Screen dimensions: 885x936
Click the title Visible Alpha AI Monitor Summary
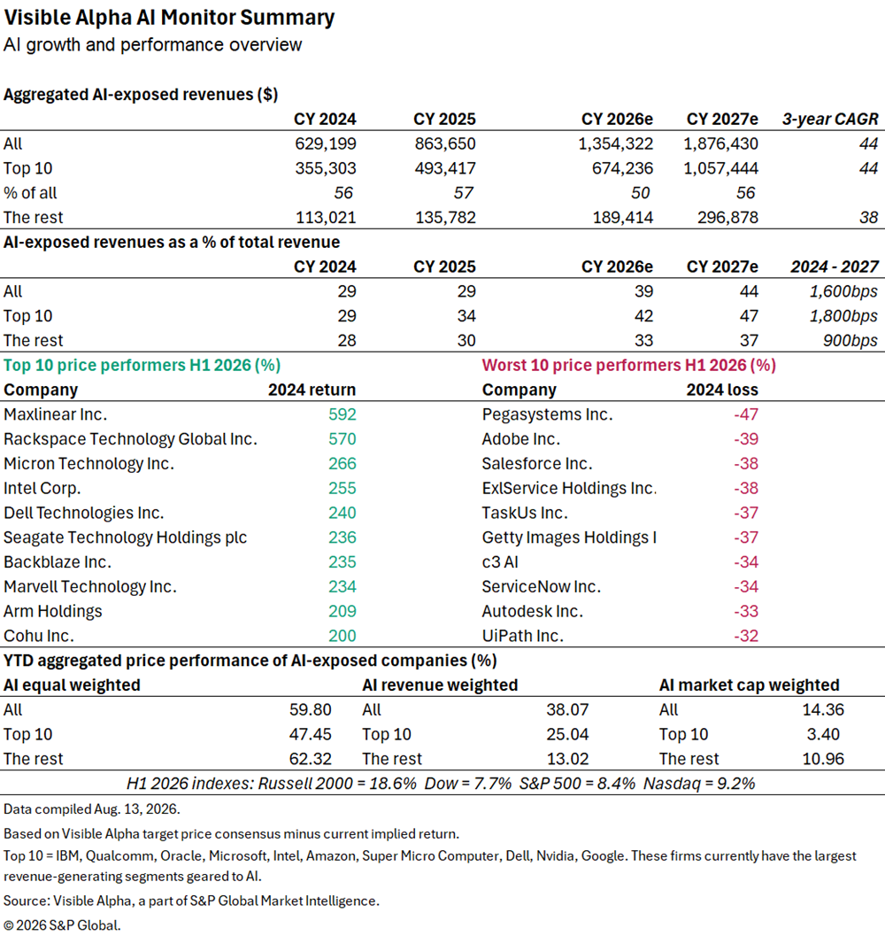pyautogui.click(x=169, y=18)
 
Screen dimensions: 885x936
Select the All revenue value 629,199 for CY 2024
pyautogui.click(x=325, y=143)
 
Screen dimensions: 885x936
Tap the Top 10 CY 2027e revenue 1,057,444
pyautogui.click(x=721, y=168)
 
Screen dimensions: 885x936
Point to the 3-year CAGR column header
pyautogui.click(x=830, y=119)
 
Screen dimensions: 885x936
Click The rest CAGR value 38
pyautogui.click(x=868, y=217)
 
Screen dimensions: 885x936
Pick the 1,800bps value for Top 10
pyautogui.click(x=843, y=316)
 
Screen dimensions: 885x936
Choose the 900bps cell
pyautogui.click(x=850, y=340)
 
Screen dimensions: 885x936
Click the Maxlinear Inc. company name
pyautogui.click(x=56, y=414)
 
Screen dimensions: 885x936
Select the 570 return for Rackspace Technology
pyautogui.click(x=342, y=438)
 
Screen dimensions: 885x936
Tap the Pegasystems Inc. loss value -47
pyautogui.click(x=746, y=414)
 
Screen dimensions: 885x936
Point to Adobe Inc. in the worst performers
pyautogui.click(x=521, y=438)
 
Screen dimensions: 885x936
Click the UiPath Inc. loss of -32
pyautogui.click(x=746, y=636)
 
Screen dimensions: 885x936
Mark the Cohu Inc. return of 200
pyautogui.click(x=342, y=636)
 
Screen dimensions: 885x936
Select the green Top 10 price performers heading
pyautogui.click(x=142, y=366)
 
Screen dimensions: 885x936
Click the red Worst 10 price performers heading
pyautogui.click(x=629, y=366)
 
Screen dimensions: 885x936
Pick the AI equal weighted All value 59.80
pyautogui.click(x=311, y=710)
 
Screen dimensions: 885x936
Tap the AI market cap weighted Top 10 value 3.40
pyautogui.click(x=823, y=734)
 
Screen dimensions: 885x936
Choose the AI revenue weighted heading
pyautogui.click(x=440, y=685)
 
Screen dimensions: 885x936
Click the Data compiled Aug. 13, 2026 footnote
pyautogui.click(x=92, y=808)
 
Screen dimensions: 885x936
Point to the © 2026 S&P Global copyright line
pyautogui.click(x=62, y=925)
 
